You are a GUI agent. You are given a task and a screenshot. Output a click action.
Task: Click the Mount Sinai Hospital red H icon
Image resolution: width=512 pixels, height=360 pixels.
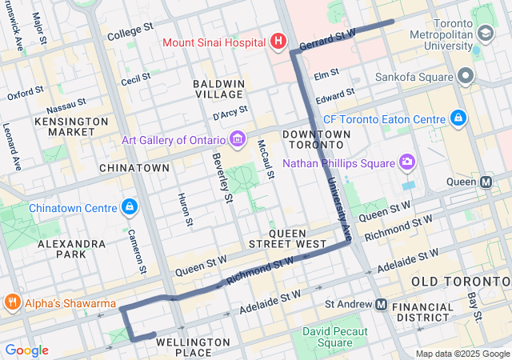tap(278, 41)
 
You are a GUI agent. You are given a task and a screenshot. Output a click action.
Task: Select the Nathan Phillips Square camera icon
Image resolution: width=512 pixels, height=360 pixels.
tap(407, 163)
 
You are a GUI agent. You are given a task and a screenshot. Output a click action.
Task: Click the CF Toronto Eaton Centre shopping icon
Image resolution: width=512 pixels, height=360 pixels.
tap(458, 118)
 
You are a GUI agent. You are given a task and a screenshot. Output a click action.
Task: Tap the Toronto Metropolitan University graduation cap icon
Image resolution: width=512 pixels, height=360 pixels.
tap(484, 34)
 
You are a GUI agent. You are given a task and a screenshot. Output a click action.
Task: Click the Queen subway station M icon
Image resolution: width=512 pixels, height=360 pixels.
tap(486, 182)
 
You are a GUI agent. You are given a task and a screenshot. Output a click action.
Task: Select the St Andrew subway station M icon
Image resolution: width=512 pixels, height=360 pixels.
tap(381, 305)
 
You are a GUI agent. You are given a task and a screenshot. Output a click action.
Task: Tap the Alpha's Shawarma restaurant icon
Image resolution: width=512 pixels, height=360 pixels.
tap(12, 303)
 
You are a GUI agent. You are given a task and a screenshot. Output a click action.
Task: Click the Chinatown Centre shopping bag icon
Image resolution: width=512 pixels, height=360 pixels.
tap(130, 208)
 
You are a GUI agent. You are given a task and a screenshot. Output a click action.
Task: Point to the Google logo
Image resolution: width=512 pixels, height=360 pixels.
tap(26, 350)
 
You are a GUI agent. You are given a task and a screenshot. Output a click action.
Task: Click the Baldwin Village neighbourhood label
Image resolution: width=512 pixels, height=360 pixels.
tap(219, 89)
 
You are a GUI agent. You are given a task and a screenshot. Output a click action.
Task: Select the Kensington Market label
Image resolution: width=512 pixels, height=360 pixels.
tap(71, 126)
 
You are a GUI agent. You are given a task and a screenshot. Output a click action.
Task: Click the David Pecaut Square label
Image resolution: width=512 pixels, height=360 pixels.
tap(334, 337)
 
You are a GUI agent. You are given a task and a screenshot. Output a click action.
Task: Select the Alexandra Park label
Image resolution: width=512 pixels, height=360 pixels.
tap(71, 248)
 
